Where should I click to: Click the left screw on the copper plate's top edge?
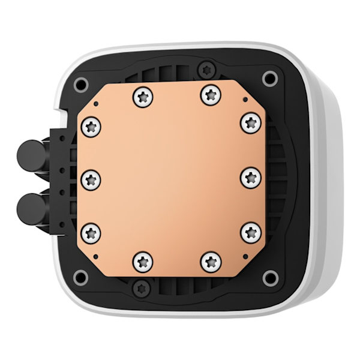click(x=143, y=95)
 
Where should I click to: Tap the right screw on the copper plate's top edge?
click(x=210, y=94)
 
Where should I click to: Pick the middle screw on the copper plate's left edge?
click(x=91, y=178)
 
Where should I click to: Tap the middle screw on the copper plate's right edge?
click(x=251, y=177)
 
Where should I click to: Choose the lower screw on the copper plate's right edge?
click(x=251, y=231)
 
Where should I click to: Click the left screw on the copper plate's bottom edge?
click(x=143, y=261)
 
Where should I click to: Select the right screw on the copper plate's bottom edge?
click(x=211, y=261)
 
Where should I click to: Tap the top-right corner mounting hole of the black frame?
click(x=270, y=77)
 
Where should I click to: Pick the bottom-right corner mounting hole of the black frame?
click(x=271, y=278)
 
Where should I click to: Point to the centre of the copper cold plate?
click(x=171, y=178)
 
